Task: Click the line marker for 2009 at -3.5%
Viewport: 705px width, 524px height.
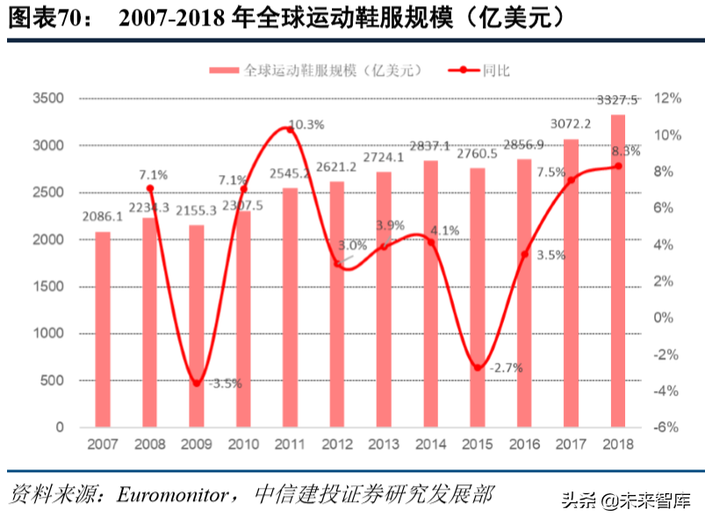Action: [x=197, y=383]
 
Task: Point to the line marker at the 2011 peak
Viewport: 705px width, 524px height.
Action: [x=291, y=129]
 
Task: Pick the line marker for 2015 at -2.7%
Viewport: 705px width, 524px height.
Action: [x=478, y=368]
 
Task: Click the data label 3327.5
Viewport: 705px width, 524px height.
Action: [x=617, y=99]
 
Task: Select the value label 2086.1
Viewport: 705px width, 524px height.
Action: [x=103, y=216]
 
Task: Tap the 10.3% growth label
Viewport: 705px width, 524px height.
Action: [x=306, y=125]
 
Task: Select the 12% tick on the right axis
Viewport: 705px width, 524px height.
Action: [x=668, y=98]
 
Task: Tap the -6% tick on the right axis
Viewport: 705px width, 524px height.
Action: [x=668, y=427]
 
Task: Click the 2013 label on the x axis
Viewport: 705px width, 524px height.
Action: [x=384, y=446]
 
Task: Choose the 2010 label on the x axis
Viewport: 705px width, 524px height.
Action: [x=243, y=446]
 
